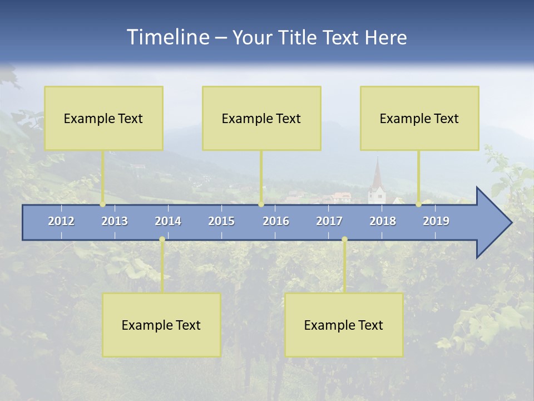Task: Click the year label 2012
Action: pos(61,221)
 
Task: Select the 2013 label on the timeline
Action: pos(115,221)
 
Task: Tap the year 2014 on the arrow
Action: pos(168,221)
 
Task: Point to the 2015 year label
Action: pos(221,221)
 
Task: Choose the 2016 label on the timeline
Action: pos(276,221)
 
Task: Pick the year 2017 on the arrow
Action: pos(329,221)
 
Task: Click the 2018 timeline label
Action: pos(383,221)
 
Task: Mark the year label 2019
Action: pos(436,221)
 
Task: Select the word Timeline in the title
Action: pos(168,37)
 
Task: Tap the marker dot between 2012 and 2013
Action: pos(102,204)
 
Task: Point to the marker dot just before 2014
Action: pos(162,239)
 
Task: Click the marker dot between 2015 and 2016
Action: pos(261,204)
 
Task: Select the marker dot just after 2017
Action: pos(344,239)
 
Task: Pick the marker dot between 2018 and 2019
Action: pos(419,204)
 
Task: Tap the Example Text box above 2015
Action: pos(261,118)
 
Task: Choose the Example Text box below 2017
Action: pos(344,325)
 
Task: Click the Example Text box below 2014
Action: pos(161,325)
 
